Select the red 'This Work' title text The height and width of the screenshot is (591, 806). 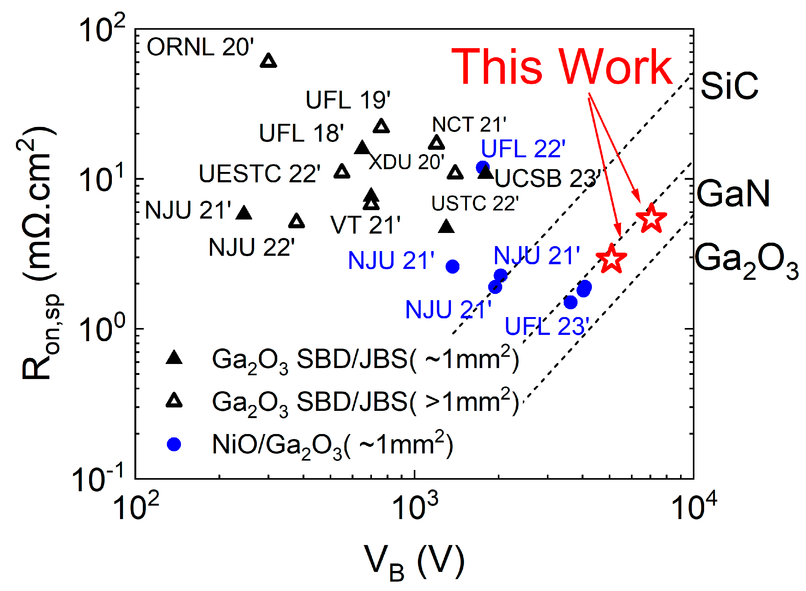[562, 67]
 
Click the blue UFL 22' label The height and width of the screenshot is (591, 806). [523, 149]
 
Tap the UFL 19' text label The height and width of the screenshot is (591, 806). [348, 100]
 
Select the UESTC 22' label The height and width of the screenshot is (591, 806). [260, 174]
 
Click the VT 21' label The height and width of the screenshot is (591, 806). [365, 225]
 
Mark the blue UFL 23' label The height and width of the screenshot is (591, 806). [547, 326]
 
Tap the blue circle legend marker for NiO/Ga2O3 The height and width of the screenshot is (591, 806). [174, 444]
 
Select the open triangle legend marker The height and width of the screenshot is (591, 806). [174, 401]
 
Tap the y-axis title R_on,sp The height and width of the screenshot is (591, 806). [39, 254]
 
